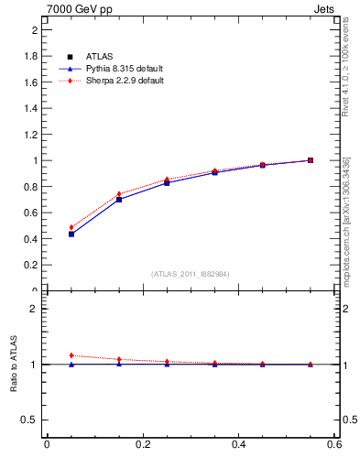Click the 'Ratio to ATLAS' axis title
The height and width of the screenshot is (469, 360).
point(14,365)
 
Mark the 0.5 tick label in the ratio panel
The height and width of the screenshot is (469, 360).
point(33,420)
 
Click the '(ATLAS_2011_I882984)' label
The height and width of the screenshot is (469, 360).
point(191,274)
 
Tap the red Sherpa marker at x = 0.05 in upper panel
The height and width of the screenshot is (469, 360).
point(71,227)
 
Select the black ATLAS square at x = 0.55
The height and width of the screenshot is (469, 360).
point(311,160)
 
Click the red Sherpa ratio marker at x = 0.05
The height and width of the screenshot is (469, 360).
point(71,355)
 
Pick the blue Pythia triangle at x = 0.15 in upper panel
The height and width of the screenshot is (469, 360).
point(119,199)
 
